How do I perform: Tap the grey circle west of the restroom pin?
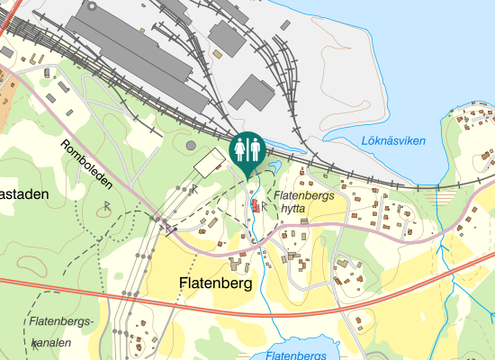pos(190,145)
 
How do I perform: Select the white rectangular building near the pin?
pos(211,163)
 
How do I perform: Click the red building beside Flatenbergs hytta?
pos(255,207)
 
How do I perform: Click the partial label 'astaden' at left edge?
pos(22,193)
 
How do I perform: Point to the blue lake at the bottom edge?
pos(297,346)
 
